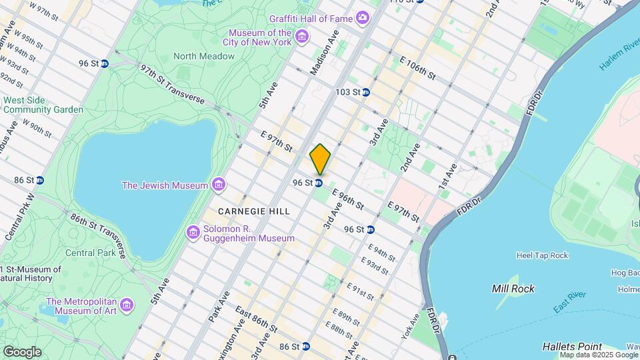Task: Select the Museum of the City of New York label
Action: click(260, 38)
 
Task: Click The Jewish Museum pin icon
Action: click(218, 185)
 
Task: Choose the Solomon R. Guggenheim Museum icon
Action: click(193, 232)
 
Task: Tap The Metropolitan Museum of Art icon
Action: click(127, 305)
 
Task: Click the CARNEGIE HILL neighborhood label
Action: click(254, 211)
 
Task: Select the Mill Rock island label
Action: click(513, 289)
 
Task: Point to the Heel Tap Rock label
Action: click(542, 255)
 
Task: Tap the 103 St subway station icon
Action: click(365, 92)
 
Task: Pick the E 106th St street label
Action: click(417, 68)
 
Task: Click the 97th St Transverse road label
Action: click(172, 83)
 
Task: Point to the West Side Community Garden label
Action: click(43, 105)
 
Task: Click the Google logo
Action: click(21, 351)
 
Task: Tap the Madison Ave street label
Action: click(325, 53)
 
